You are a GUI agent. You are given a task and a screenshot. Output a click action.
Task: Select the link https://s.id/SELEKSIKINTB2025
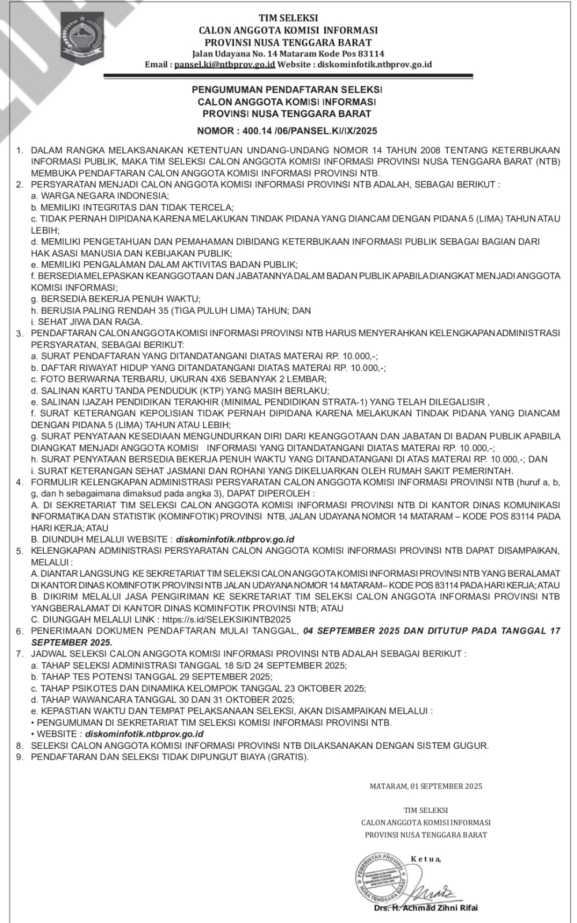(227, 619)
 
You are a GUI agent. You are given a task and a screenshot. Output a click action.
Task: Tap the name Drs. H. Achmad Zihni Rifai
(426, 908)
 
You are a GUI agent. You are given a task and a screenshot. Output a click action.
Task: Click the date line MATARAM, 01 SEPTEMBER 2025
(426, 786)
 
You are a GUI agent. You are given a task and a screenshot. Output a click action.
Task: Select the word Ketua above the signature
(426, 859)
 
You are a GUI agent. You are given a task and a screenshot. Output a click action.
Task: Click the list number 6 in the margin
(20, 632)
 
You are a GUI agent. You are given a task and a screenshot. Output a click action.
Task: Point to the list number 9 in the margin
(20, 757)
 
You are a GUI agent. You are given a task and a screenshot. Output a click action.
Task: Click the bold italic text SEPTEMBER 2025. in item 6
(72, 642)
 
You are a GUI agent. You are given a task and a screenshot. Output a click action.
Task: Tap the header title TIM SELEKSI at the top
(288, 18)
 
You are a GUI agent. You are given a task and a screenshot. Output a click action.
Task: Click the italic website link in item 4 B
(235, 539)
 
